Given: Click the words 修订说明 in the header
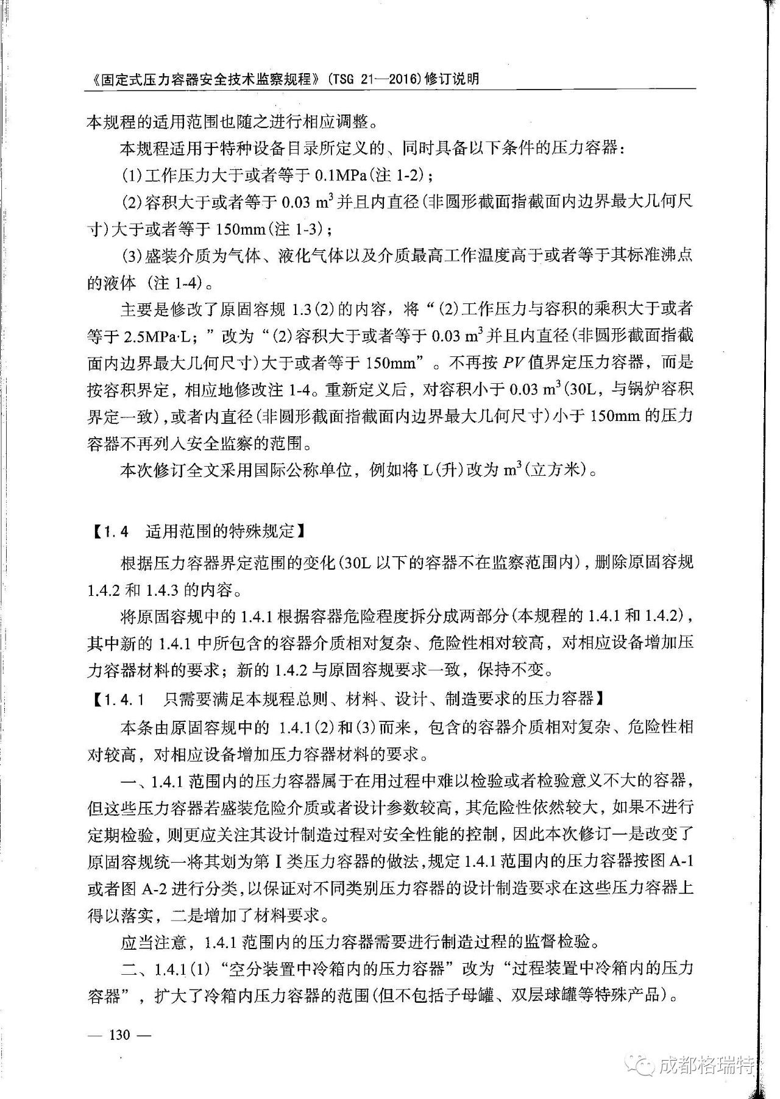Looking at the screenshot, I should click(455, 79).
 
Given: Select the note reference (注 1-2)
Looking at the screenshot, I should click(400, 175).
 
